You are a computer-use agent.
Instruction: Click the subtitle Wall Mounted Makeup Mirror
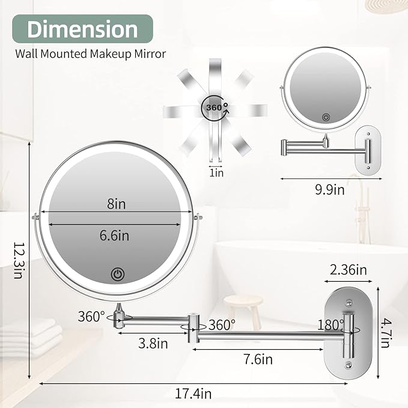point(90,54)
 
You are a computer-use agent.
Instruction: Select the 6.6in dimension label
point(115,235)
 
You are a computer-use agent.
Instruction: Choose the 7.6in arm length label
point(258,359)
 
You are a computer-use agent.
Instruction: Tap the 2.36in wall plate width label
point(347,270)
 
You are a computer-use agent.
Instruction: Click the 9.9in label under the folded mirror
point(329,190)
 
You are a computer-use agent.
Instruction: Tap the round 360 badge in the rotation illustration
point(215,106)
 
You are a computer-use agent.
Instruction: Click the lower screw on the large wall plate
point(347,364)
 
